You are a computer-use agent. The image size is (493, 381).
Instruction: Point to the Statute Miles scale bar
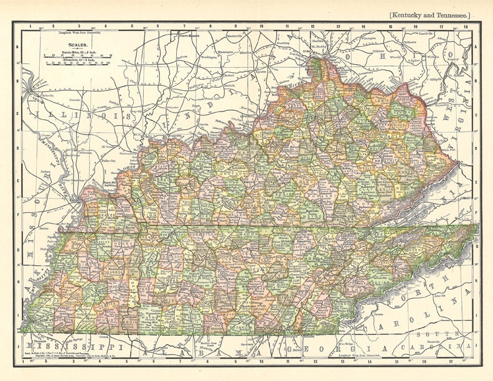coord(78,55)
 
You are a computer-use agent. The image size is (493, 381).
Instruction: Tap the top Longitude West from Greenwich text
coord(63,31)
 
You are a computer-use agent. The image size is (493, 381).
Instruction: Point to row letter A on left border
coord(17,45)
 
